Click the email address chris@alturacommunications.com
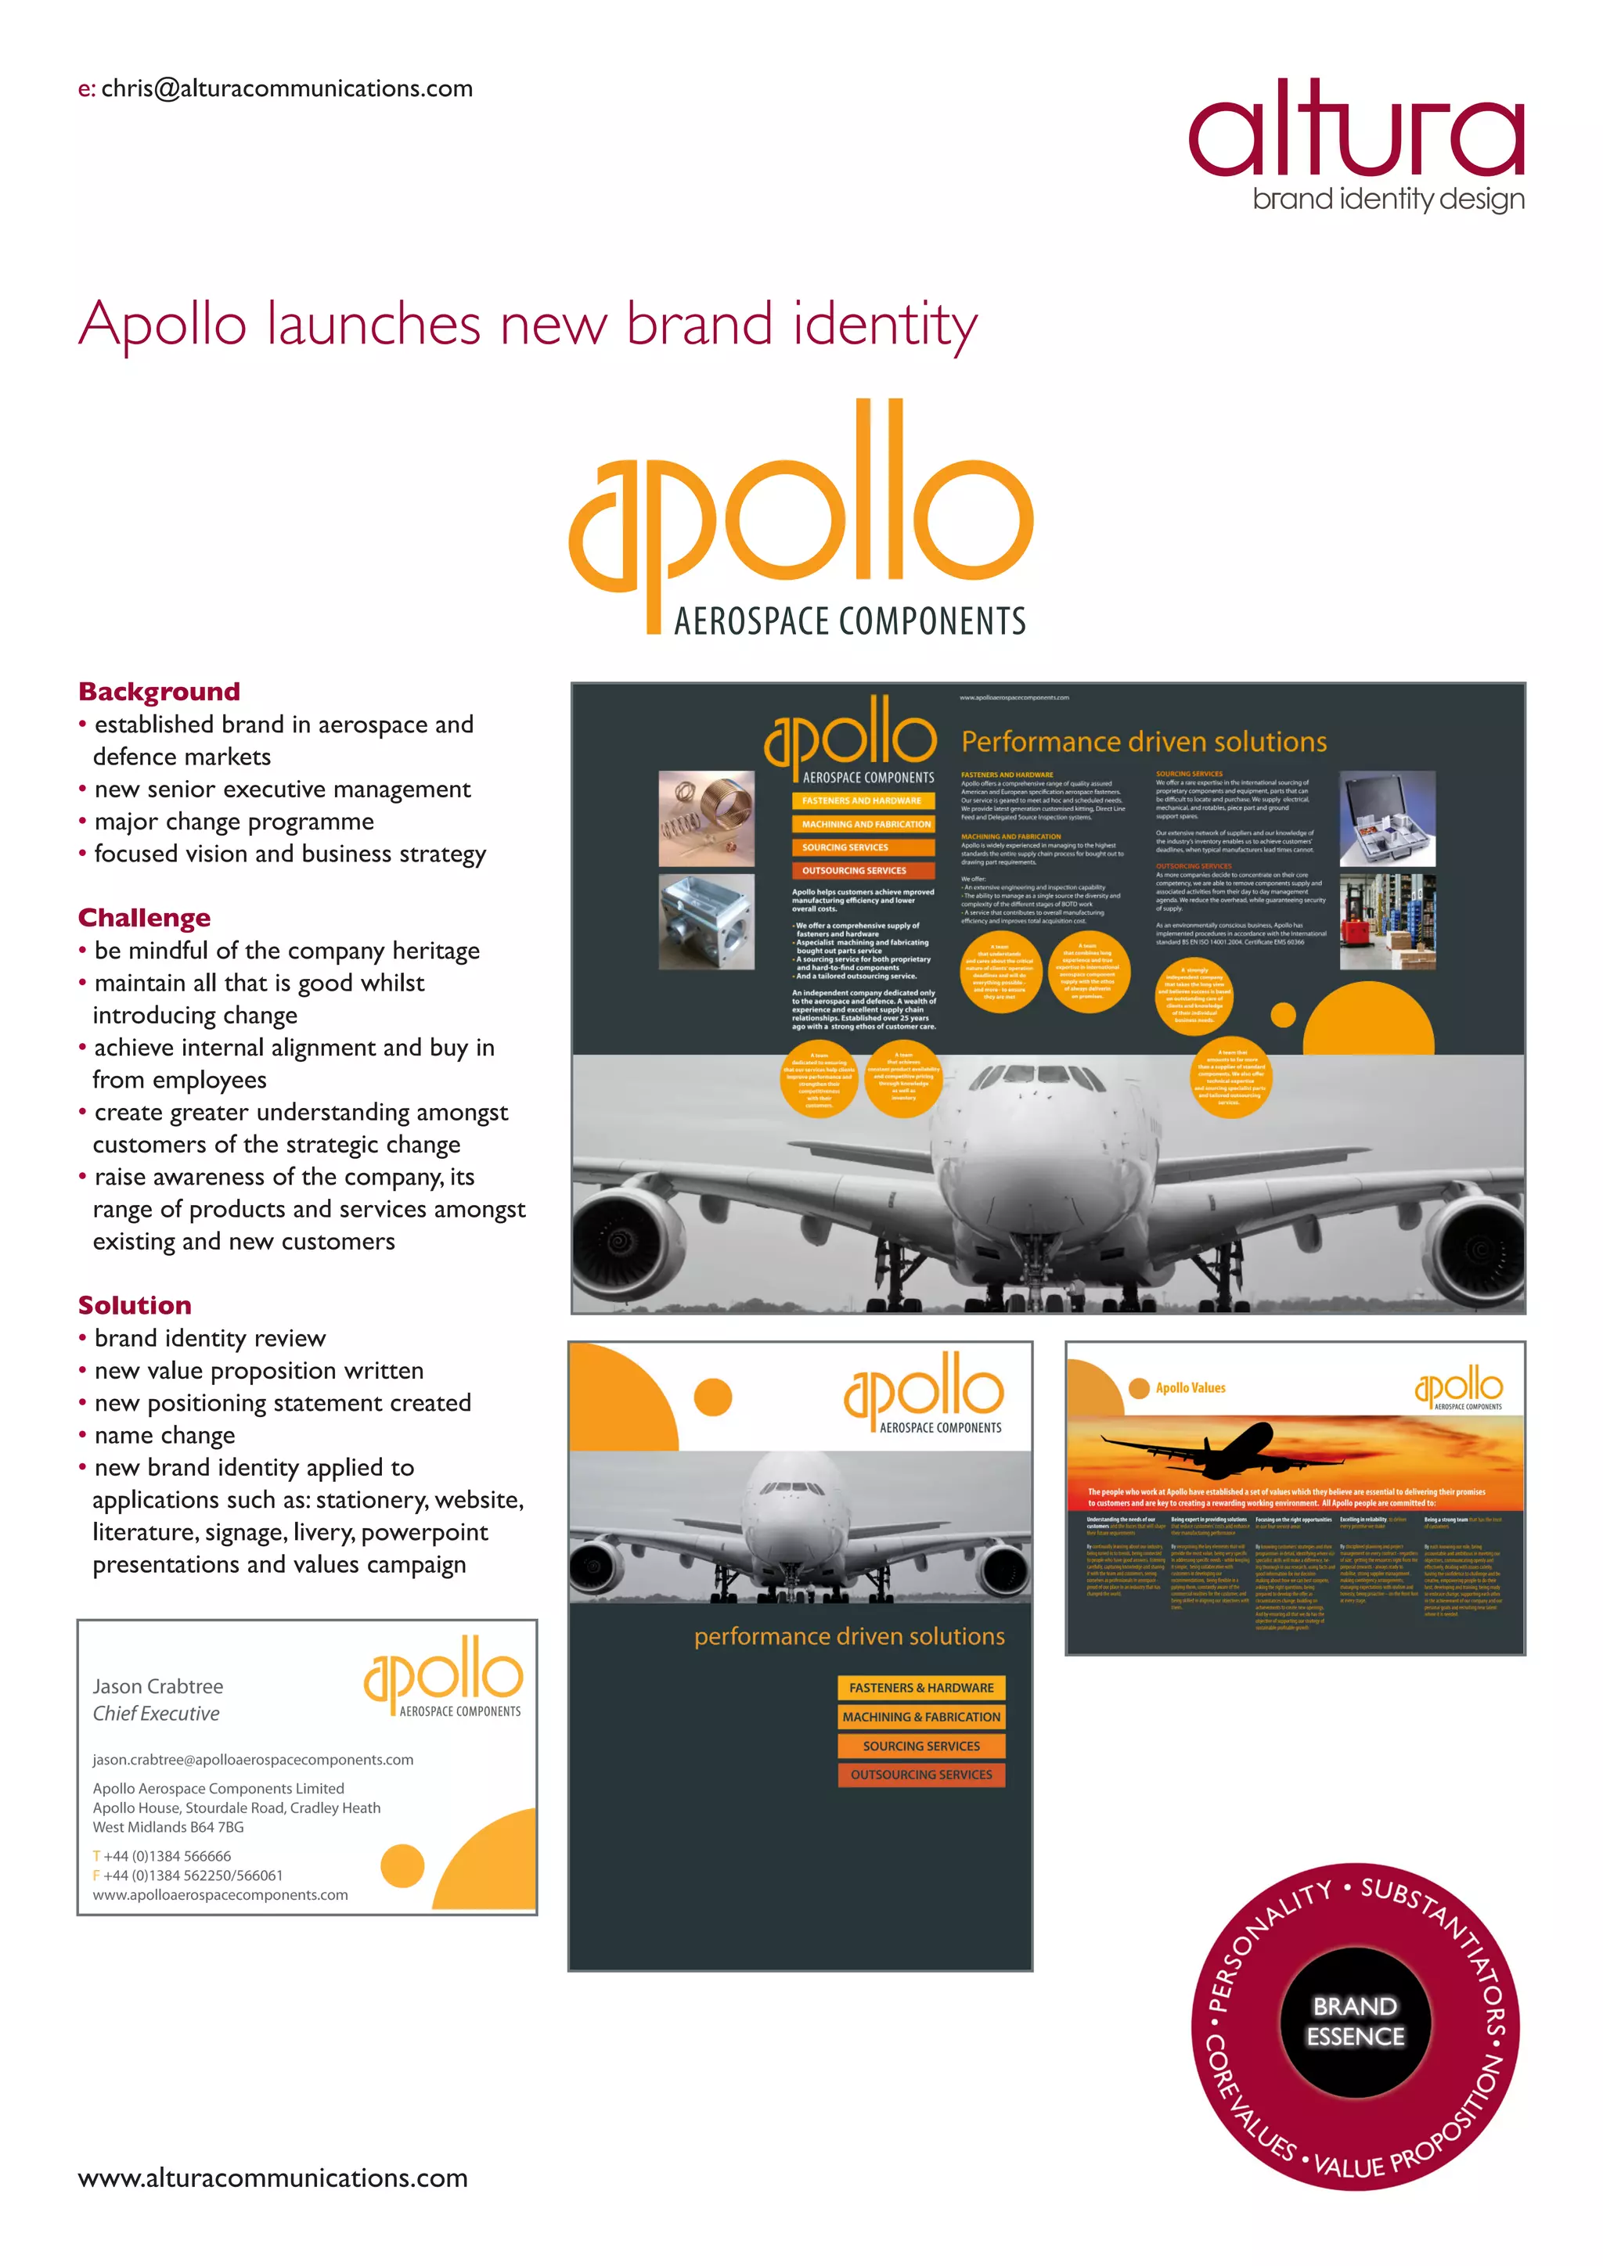point(286,89)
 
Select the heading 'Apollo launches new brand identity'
point(528,325)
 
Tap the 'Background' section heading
point(159,691)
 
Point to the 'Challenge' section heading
point(144,918)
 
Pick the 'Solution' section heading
point(135,1304)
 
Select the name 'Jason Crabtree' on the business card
point(158,1685)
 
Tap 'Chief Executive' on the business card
point(156,1714)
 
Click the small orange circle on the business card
point(402,1865)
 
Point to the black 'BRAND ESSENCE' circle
point(1355,2020)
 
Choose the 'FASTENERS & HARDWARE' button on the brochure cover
point(921,1688)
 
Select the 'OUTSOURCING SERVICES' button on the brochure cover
point(921,1775)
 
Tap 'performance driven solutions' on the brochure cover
point(849,1636)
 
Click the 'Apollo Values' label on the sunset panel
point(1191,1387)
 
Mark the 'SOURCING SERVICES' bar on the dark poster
point(862,847)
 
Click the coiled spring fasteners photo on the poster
point(706,818)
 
